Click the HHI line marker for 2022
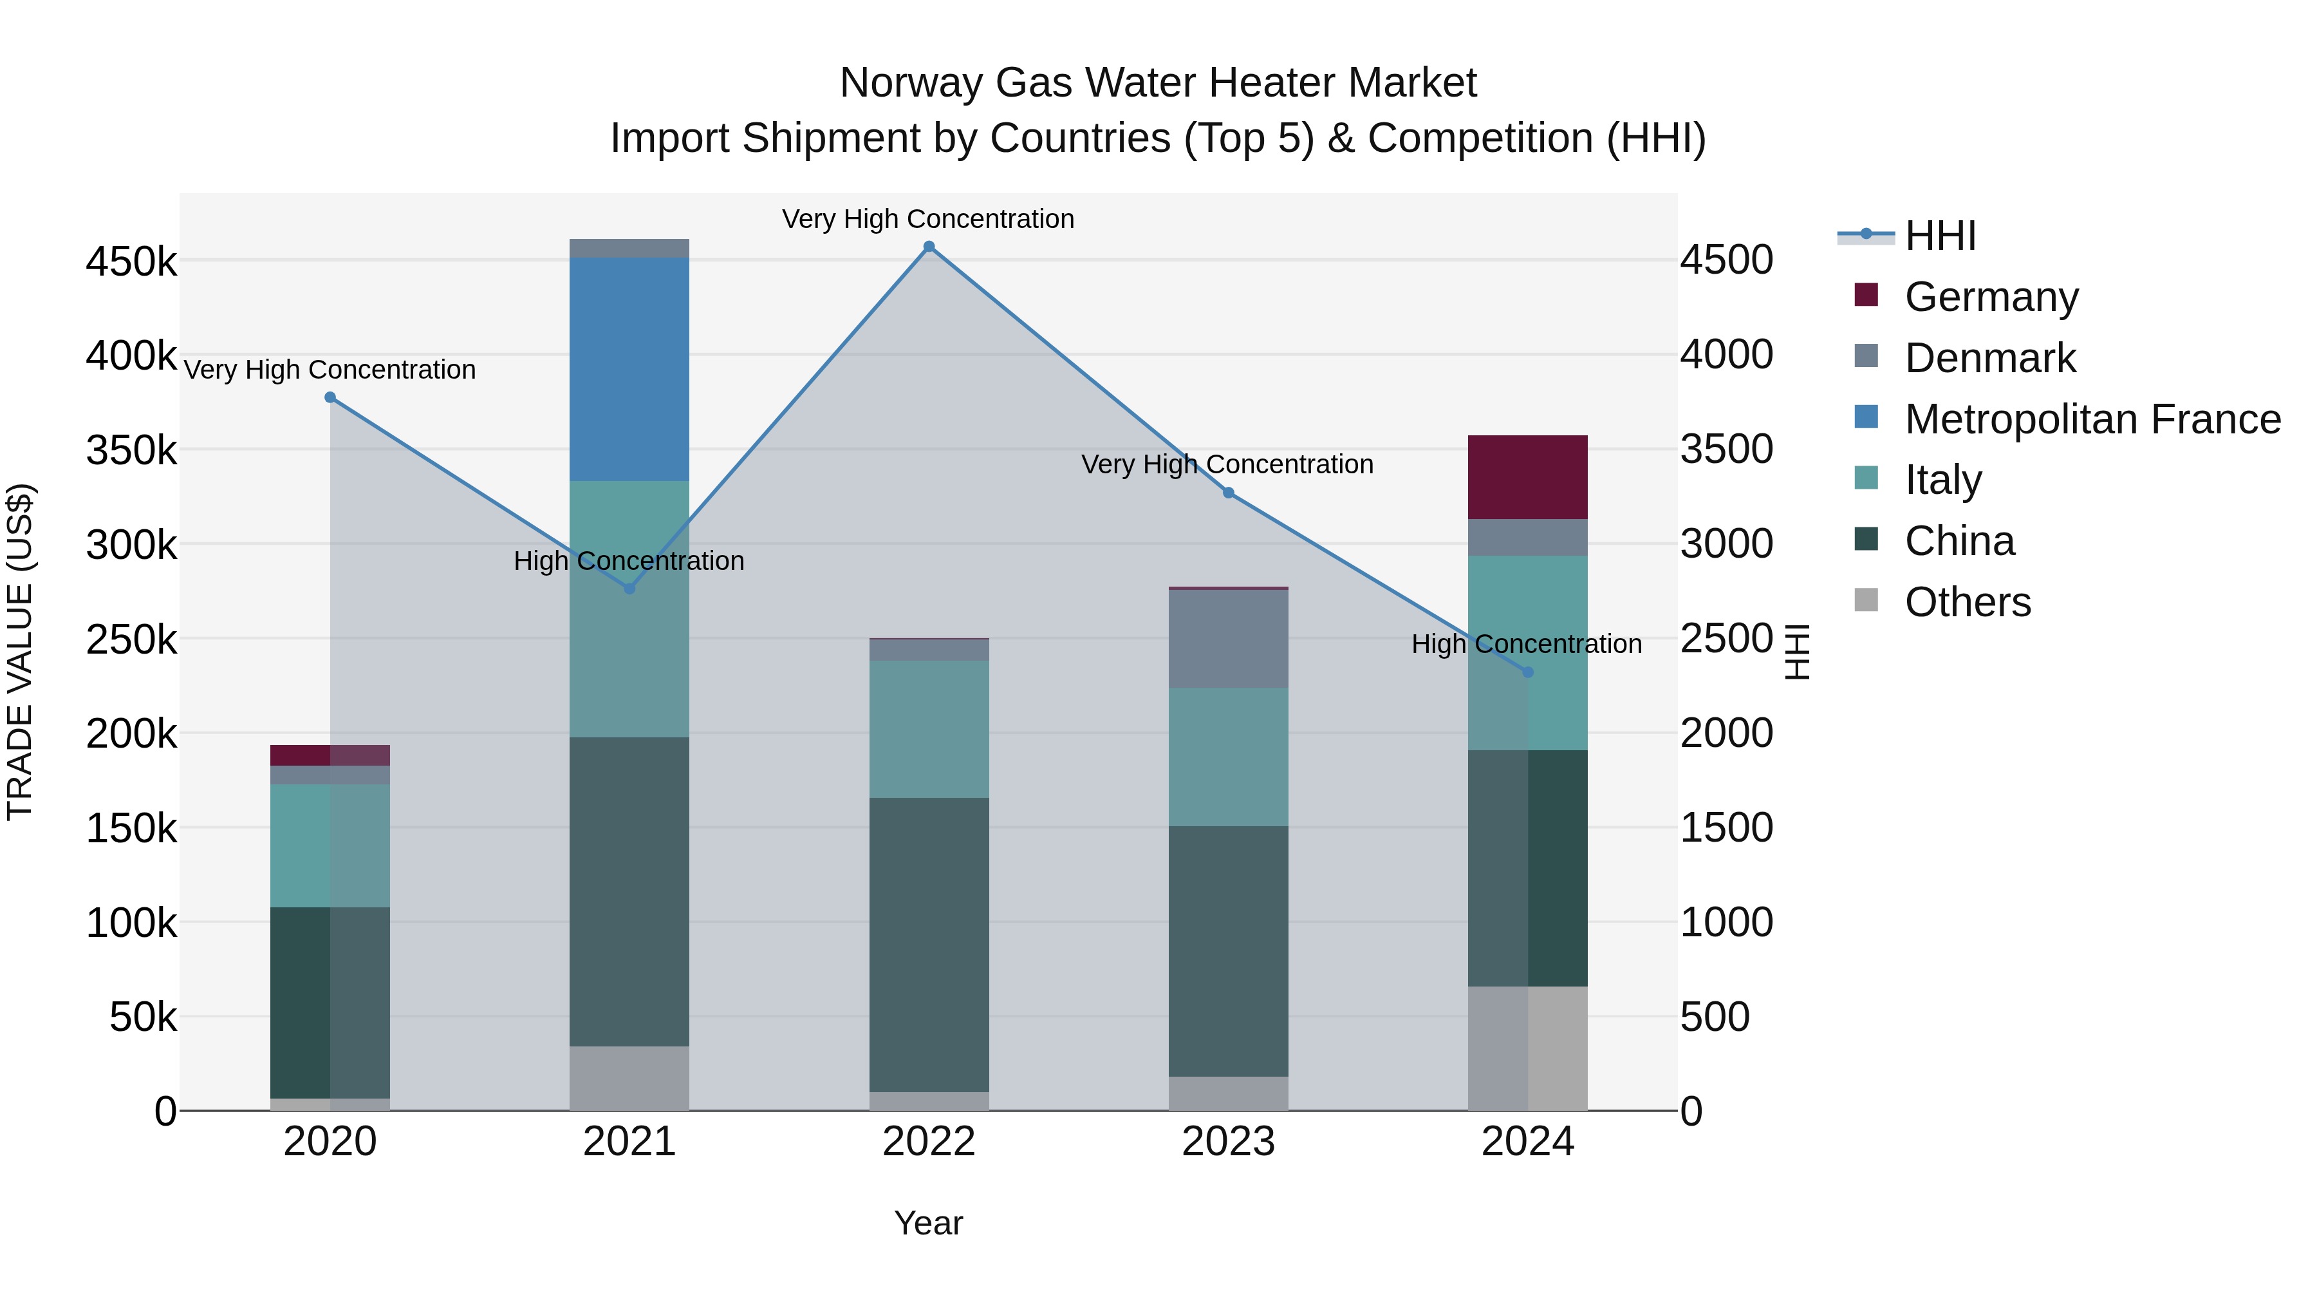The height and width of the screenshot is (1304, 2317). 929,247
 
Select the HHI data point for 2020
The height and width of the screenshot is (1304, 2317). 330,398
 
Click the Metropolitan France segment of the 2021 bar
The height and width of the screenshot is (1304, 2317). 629,369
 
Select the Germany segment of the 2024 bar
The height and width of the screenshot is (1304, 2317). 1527,477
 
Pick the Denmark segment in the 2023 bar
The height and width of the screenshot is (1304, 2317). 1229,639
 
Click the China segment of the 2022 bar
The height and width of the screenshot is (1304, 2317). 929,945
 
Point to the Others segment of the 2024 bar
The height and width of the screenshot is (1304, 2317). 1527,1048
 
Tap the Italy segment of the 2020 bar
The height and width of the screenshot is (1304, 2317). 330,846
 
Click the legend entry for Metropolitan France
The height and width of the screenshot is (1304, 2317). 2092,419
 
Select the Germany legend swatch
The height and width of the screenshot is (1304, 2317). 1866,295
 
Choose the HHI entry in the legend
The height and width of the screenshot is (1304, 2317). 1940,236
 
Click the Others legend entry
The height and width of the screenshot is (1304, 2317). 1967,602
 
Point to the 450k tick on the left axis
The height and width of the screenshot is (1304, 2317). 131,262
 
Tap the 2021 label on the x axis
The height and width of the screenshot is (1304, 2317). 629,1142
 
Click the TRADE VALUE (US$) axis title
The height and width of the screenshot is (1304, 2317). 20,652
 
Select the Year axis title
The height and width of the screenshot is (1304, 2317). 928,1223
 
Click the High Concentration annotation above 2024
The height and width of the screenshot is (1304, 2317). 1527,645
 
